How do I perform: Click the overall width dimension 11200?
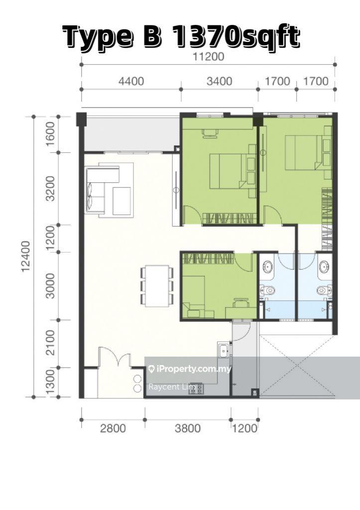tap(209, 57)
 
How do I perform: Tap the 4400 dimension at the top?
tap(131, 81)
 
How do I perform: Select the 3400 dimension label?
tap(220, 81)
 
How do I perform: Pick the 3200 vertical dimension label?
tap(50, 189)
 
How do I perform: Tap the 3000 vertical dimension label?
tap(50, 286)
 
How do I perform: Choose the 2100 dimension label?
tap(50, 343)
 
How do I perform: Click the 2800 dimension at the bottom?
tap(113, 428)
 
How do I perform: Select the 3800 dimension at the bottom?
tap(188, 428)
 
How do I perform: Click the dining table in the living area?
tap(157, 286)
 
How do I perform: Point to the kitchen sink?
tap(224, 350)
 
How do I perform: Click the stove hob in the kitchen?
tap(196, 388)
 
